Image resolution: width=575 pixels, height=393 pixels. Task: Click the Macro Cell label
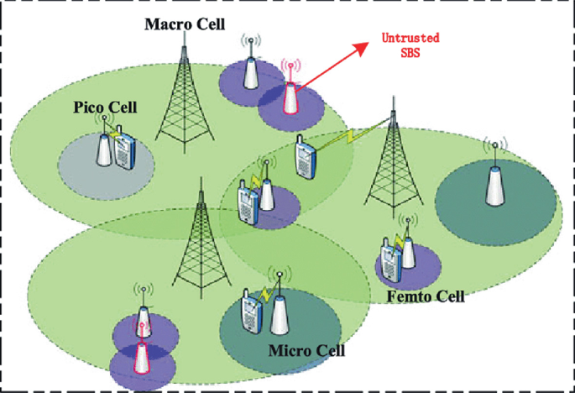point(184,24)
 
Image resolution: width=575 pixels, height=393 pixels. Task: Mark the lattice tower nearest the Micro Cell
point(201,244)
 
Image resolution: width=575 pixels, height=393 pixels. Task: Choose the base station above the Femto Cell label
point(408,248)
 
